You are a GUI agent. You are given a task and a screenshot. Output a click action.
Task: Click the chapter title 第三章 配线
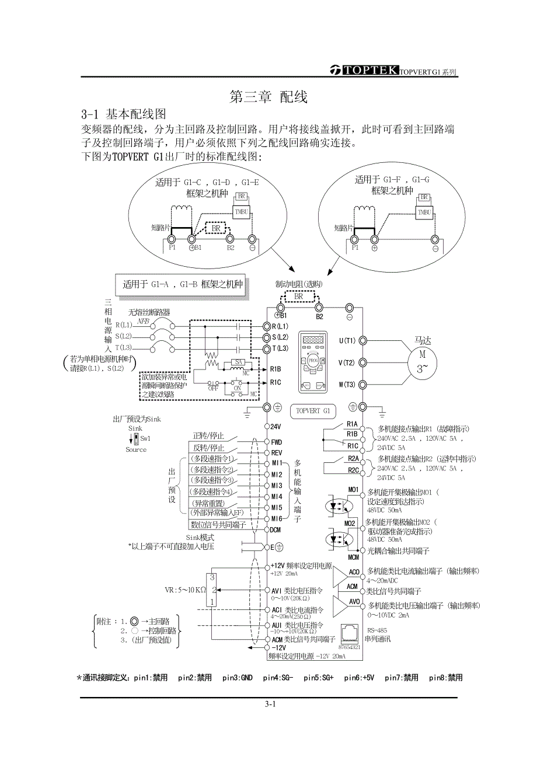coord(268,97)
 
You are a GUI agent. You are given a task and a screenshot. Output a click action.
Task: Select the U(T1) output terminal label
coord(347,340)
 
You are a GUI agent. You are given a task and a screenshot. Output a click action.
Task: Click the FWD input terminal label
coord(277,442)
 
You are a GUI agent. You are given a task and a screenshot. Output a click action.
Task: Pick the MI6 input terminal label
coord(277,518)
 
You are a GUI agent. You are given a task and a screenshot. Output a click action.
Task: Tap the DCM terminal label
coord(277,529)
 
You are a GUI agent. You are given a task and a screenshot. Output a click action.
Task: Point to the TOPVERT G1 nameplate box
coord(313,411)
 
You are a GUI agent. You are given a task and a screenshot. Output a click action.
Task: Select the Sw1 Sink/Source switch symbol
coord(136,437)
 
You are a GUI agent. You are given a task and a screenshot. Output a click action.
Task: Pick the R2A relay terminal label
coord(353,459)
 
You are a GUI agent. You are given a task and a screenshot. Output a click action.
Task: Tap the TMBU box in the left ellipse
coord(242,212)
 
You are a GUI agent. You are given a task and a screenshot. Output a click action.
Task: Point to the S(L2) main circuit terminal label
coord(280,337)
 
